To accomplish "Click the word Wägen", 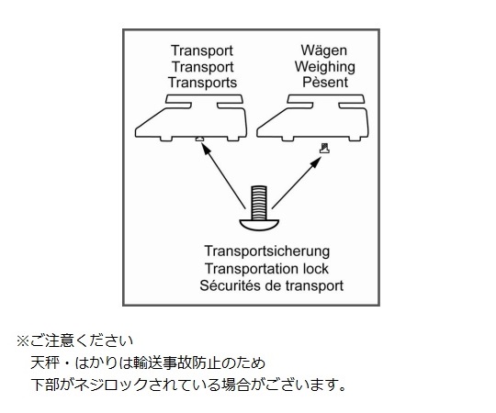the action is pyautogui.click(x=324, y=50).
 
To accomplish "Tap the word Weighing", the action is pyautogui.click(x=325, y=67).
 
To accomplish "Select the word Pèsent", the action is pyautogui.click(x=325, y=83).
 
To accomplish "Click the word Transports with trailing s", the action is pyautogui.click(x=202, y=83).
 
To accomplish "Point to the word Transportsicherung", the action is pyautogui.click(x=267, y=251).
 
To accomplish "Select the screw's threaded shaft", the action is pyautogui.click(x=259, y=203).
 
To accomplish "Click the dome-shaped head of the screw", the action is pyautogui.click(x=259, y=225).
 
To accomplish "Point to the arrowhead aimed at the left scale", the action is pyautogui.click(x=206, y=149).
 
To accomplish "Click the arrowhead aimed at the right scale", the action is pyautogui.click(x=316, y=162).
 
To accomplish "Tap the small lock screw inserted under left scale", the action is pyautogui.click(x=199, y=139).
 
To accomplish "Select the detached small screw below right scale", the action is pyautogui.click(x=324, y=148).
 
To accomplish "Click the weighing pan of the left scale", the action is pyautogui.click(x=204, y=99).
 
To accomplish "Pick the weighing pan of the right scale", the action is pyautogui.click(x=326, y=99).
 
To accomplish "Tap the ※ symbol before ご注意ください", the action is pyautogui.click(x=23, y=340).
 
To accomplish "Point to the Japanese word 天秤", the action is pyautogui.click(x=45, y=363).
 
